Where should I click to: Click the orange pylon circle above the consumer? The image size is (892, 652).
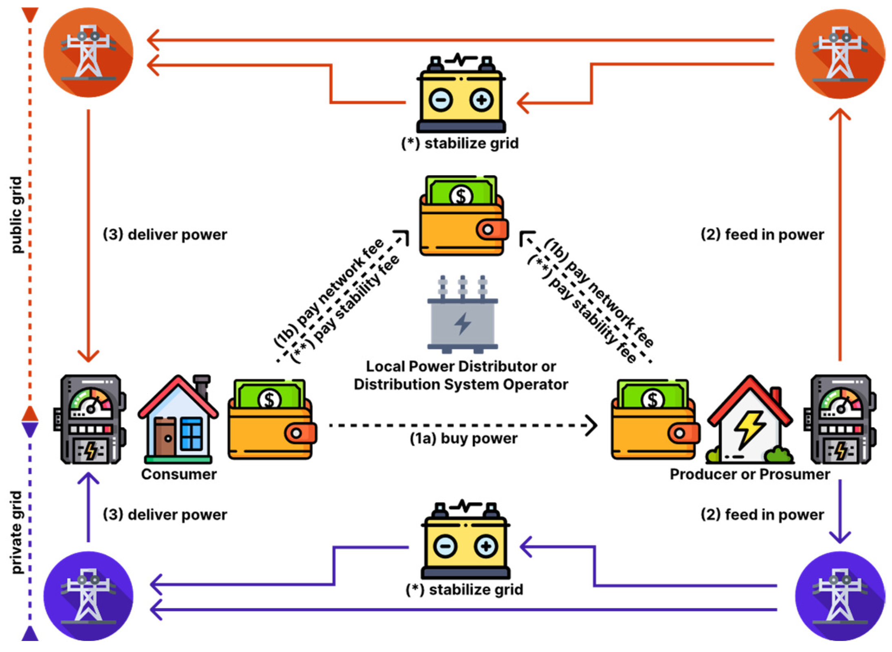point(88,53)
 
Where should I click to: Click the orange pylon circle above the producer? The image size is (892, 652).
point(840,54)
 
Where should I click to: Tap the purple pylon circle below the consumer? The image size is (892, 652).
point(88,596)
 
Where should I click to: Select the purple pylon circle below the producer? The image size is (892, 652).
point(840,596)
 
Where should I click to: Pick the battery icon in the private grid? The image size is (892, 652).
point(466,539)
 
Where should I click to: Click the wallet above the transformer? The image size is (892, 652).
point(464,215)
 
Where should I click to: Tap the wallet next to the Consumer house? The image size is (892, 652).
point(272,419)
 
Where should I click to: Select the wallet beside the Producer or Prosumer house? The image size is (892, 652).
point(655,419)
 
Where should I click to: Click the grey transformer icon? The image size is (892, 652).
point(462,314)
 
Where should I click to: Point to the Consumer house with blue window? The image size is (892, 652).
point(178,419)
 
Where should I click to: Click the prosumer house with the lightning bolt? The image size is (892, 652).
point(750,419)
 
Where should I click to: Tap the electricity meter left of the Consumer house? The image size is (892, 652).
point(90,419)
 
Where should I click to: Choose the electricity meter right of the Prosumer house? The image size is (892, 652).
point(840,419)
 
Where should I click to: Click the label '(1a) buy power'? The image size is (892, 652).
point(464,439)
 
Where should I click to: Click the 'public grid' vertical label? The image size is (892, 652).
point(16,215)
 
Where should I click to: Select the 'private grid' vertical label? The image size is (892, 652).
point(16,532)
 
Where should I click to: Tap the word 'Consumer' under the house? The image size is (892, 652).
point(179,474)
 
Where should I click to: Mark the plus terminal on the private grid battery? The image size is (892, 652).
point(486,546)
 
